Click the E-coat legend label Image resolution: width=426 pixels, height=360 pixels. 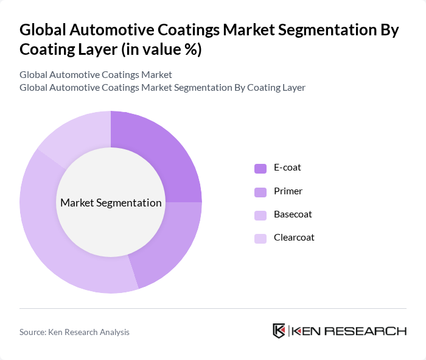pyautogui.click(x=287, y=168)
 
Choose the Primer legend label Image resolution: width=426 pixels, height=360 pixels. pyautogui.click(x=287, y=191)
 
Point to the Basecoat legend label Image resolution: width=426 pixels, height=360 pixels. pyautogui.click(x=292, y=214)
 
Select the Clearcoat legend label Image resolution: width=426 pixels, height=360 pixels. pyautogui.click(x=293, y=238)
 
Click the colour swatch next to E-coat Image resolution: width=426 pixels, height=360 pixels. pyautogui.click(x=260, y=168)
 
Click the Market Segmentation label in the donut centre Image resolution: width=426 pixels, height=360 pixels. pyautogui.click(x=111, y=203)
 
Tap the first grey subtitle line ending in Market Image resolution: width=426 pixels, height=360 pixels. pyautogui.click(x=96, y=74)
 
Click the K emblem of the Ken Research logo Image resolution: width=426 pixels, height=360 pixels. pyautogui.click(x=279, y=331)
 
